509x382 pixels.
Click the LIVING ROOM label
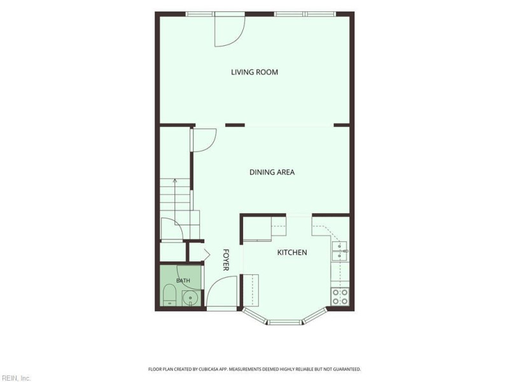tap(254, 72)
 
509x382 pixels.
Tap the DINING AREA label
tap(272, 172)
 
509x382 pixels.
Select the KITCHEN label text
tap(292, 252)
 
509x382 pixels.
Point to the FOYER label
tap(226, 260)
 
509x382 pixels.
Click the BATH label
tap(183, 280)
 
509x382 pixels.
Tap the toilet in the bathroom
tap(169, 295)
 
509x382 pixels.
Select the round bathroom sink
tap(190, 298)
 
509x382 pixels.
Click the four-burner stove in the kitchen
tap(340, 297)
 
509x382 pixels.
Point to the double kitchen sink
tap(340, 251)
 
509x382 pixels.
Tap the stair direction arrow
tap(175, 195)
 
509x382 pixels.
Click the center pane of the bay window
tap(284, 323)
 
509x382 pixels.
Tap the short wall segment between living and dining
tap(235, 125)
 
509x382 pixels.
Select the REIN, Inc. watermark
tap(15, 378)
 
